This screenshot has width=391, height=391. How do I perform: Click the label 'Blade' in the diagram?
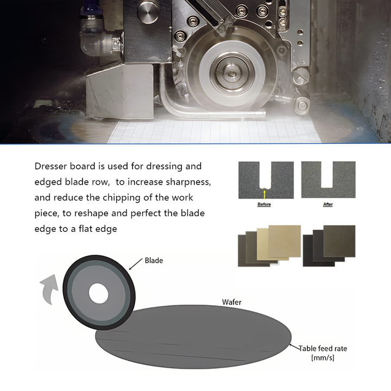tap(154, 260)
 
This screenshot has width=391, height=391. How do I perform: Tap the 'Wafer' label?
tap(232, 301)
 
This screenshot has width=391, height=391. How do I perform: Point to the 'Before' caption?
tap(264, 204)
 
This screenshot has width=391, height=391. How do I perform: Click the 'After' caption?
tap(328, 204)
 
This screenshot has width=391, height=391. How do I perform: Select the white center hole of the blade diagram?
tap(98, 294)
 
